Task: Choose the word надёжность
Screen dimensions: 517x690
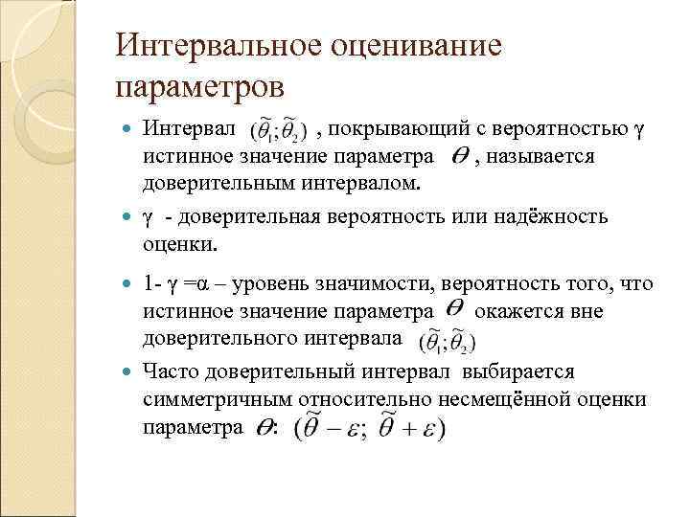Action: (547, 216)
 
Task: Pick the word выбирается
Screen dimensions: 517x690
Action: (518, 371)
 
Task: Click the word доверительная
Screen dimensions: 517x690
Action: (248, 216)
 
